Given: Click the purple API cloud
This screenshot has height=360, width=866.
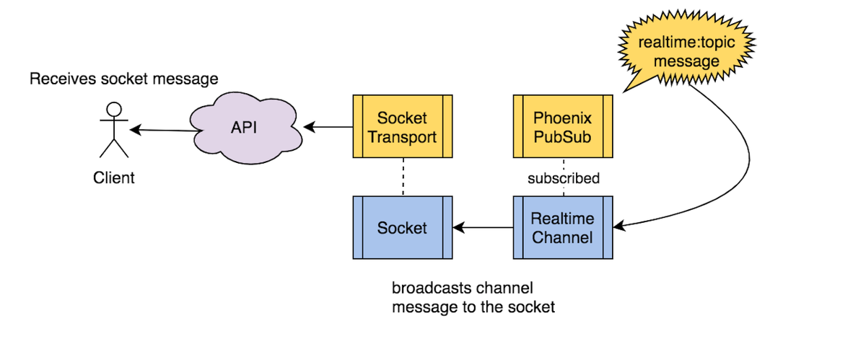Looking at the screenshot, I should click(x=245, y=128).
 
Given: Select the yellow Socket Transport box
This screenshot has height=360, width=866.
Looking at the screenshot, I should click(x=403, y=126).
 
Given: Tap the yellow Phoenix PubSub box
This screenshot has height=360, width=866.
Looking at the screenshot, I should click(x=563, y=126).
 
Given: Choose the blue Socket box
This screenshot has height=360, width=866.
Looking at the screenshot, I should click(x=403, y=227).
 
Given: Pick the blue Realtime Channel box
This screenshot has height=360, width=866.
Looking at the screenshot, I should click(x=563, y=227).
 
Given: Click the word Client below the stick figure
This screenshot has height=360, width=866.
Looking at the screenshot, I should click(x=114, y=177).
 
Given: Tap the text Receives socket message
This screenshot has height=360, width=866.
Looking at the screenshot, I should click(x=123, y=78).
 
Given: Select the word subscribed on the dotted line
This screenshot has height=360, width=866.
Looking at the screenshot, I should click(x=563, y=178).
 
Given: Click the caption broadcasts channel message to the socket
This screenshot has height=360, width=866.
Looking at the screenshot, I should click(x=473, y=297).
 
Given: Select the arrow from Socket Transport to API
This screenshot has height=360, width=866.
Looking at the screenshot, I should click(x=328, y=128).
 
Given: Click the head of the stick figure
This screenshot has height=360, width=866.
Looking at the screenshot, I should click(x=114, y=109).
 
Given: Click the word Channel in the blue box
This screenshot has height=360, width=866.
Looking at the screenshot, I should click(x=563, y=237).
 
